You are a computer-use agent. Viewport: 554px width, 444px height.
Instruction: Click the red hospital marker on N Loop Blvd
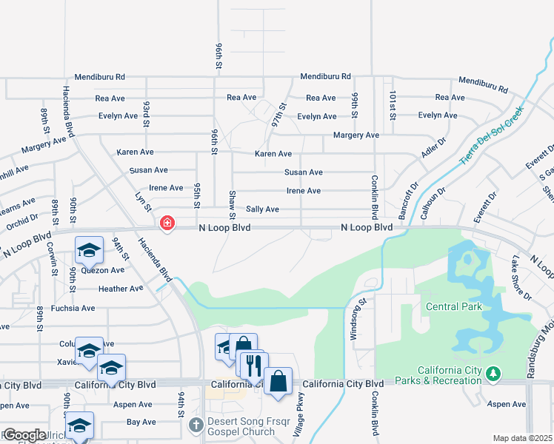coord(167,222)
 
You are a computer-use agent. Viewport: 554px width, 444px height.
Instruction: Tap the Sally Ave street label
coord(262,209)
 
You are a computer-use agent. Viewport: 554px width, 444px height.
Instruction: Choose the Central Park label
coord(454,306)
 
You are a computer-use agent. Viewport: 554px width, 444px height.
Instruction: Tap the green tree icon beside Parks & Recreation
coord(493,376)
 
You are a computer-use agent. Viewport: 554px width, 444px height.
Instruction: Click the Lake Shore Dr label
coord(521,277)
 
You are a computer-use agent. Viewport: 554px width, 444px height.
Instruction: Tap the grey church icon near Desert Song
coord(196,425)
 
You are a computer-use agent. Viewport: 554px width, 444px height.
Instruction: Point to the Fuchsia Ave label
coord(73,308)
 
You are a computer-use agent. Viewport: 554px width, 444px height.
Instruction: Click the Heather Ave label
coord(120,289)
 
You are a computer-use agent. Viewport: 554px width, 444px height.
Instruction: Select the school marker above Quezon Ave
coord(89,249)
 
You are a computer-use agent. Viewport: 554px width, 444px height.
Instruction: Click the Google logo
coord(24,435)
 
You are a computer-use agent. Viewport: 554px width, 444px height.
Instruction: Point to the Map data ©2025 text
coord(521,438)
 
